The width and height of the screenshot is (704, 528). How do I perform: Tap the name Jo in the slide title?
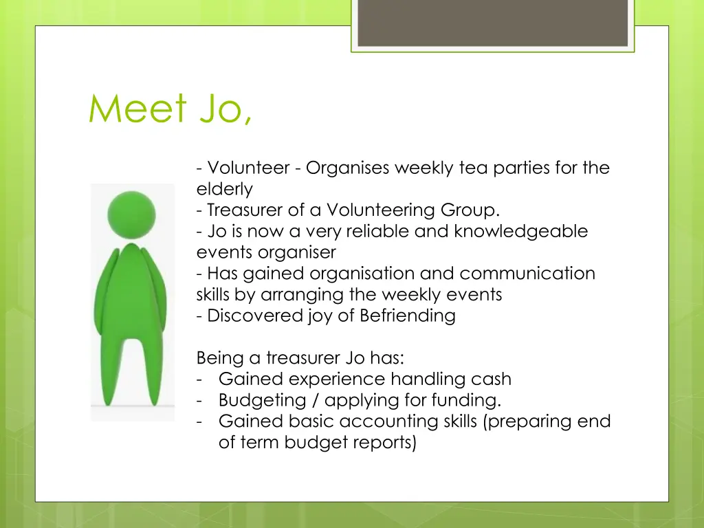(222, 109)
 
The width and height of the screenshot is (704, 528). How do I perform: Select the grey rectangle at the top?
(492, 22)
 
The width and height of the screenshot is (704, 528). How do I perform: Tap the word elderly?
(224, 189)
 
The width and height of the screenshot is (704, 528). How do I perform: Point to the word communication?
(527, 274)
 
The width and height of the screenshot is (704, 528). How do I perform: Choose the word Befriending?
(408, 316)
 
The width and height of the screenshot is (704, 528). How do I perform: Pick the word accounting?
(385, 421)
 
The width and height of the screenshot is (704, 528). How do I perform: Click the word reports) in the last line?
(385, 443)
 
